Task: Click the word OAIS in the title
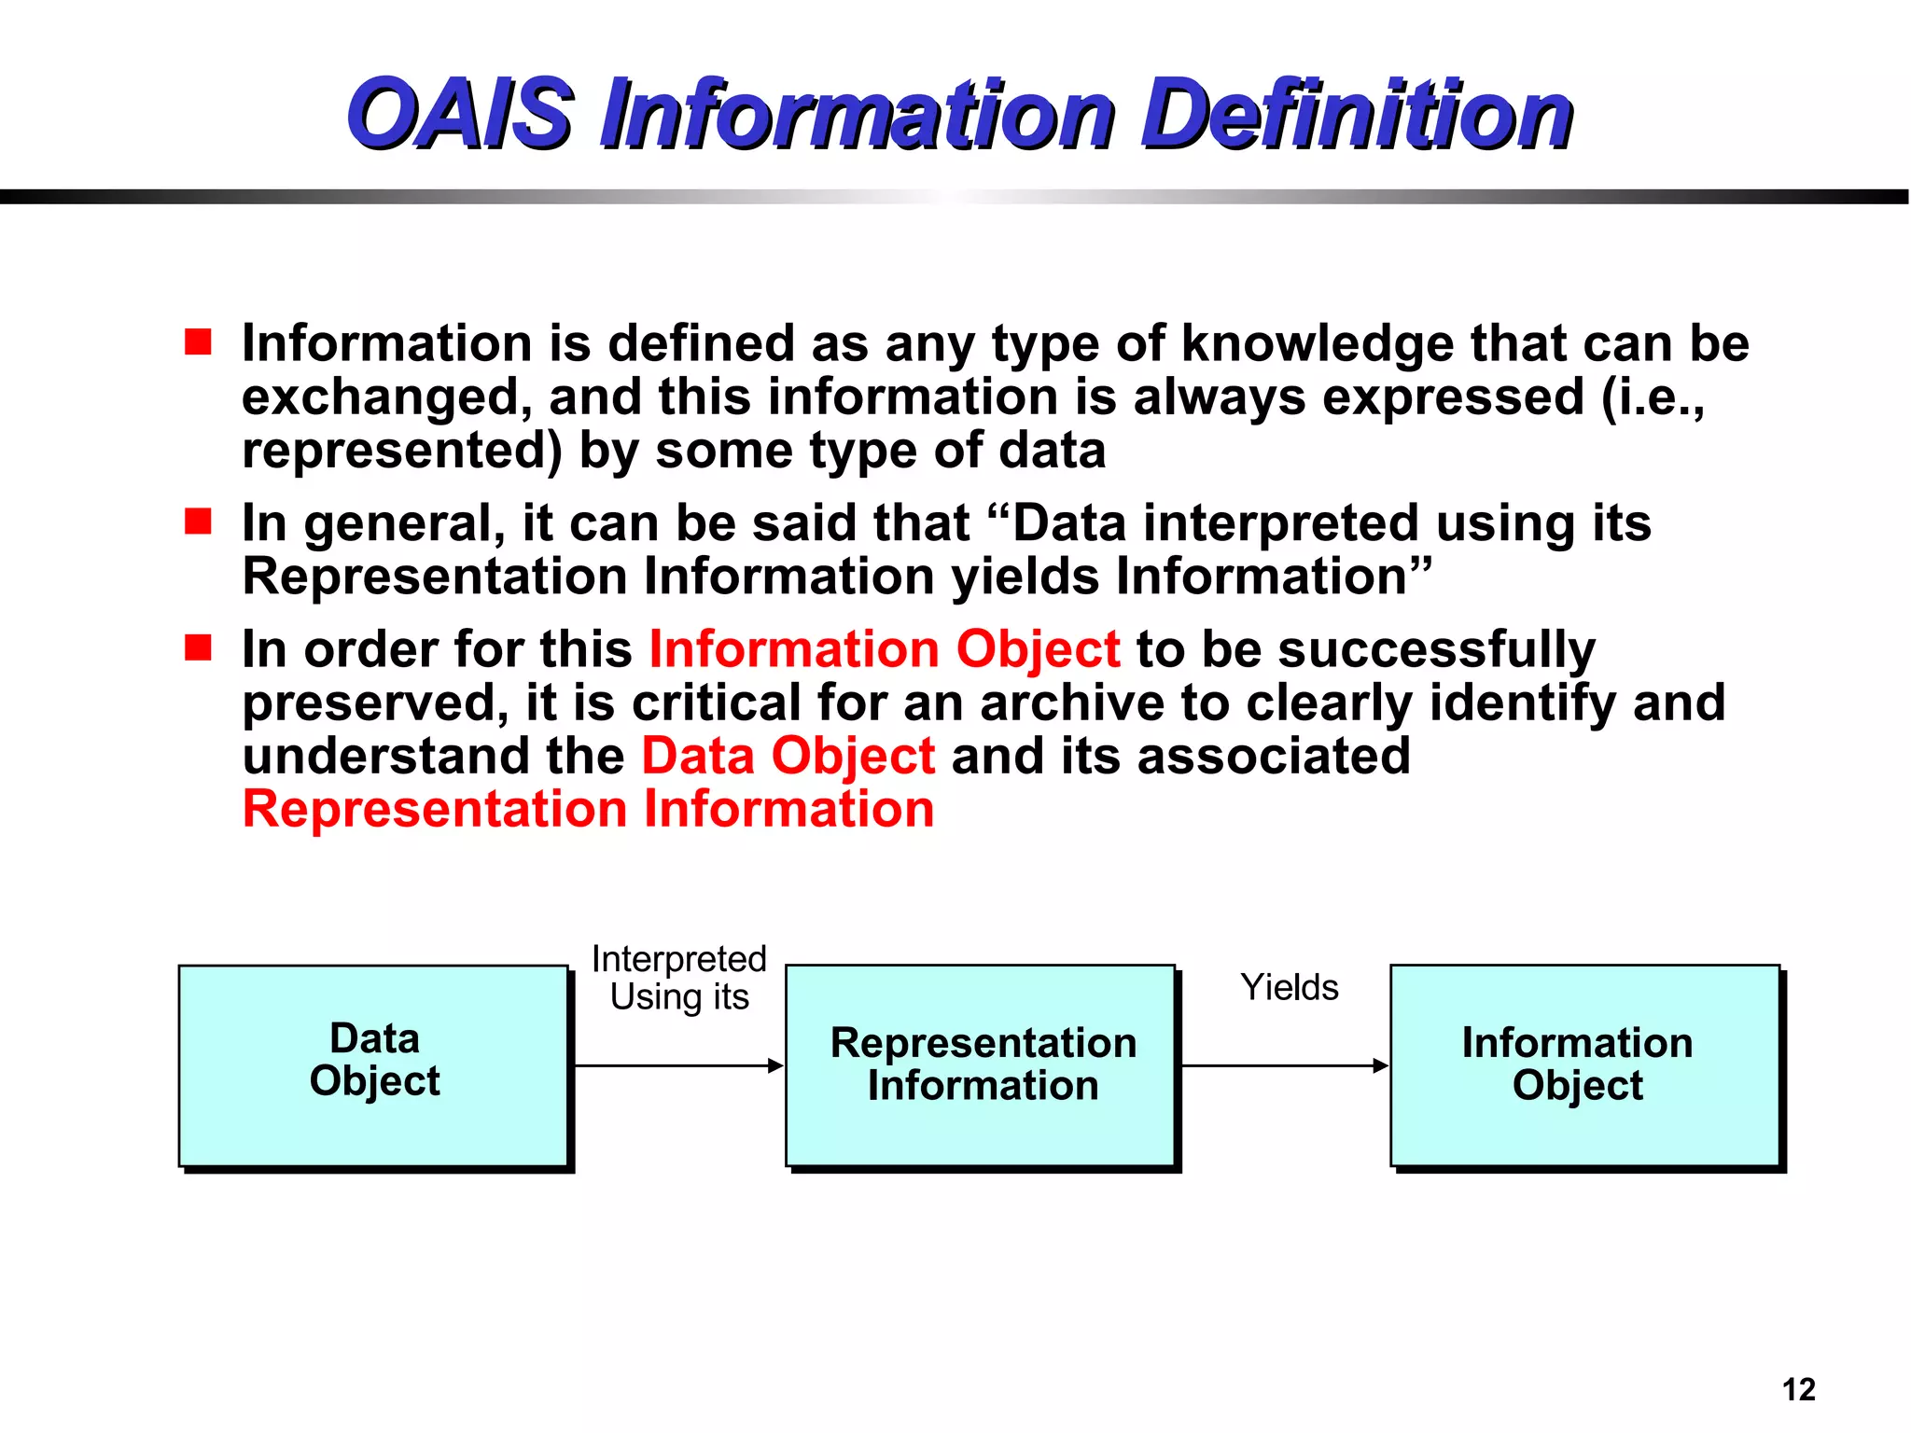(x=459, y=114)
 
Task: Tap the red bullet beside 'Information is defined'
(x=198, y=342)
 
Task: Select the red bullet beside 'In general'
(x=198, y=522)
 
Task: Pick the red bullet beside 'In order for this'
(x=198, y=647)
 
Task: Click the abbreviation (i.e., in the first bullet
(x=1652, y=397)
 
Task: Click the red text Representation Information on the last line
(x=588, y=809)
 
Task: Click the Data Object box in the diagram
(x=373, y=1065)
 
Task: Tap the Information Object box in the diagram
(x=1584, y=1065)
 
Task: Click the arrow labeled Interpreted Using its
(x=678, y=1065)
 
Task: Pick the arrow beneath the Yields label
(x=1284, y=1065)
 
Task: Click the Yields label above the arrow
(x=1289, y=987)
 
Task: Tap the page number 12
(x=1798, y=1389)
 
